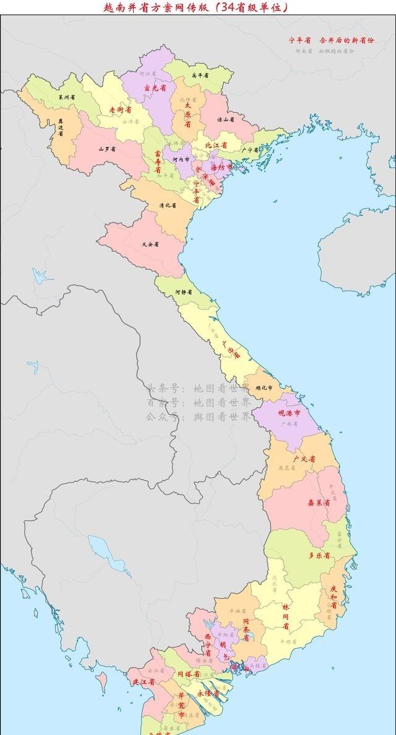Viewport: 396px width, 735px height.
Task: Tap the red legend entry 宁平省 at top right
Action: [300, 40]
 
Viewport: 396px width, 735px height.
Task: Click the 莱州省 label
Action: [67, 97]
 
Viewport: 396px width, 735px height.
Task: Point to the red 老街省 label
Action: [120, 110]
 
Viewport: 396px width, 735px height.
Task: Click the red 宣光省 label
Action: [155, 88]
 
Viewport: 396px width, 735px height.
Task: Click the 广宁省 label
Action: [249, 149]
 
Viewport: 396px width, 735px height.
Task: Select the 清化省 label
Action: [168, 205]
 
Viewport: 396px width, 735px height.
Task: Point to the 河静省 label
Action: [183, 291]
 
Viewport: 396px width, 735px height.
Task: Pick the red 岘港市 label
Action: [289, 412]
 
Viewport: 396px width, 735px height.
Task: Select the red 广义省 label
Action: [304, 459]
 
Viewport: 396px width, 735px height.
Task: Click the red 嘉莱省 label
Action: [318, 502]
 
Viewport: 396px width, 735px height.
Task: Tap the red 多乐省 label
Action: [319, 555]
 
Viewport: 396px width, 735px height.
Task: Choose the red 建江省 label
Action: [143, 682]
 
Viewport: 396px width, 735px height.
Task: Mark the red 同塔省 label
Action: [188, 674]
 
